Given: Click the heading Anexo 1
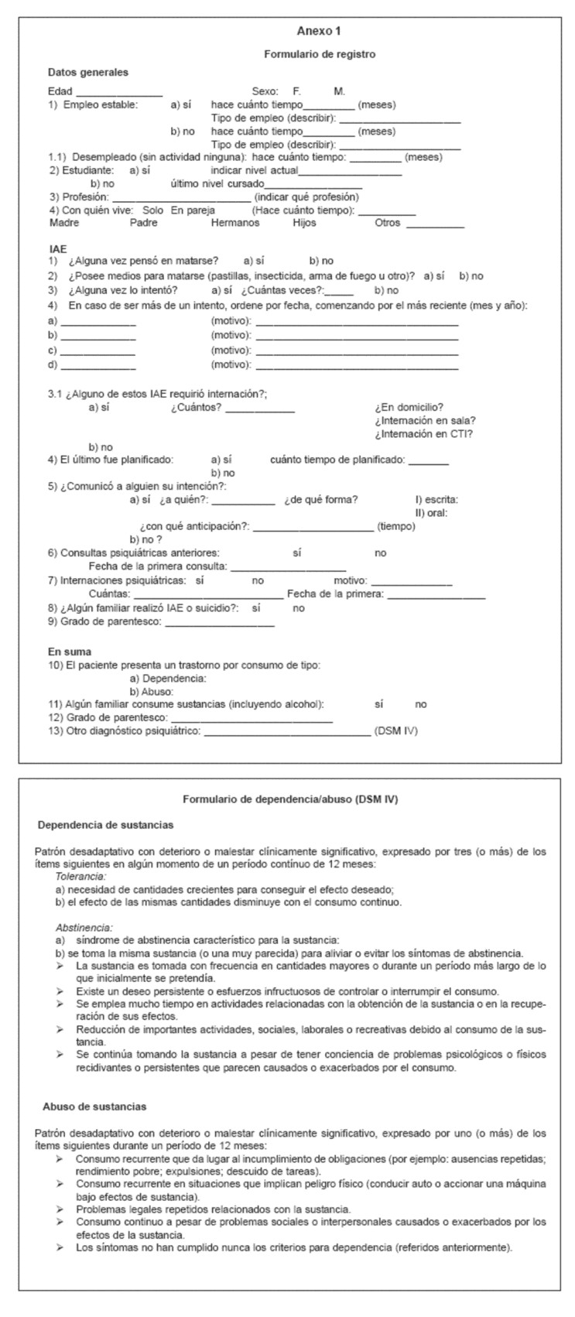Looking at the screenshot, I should pos(318,31).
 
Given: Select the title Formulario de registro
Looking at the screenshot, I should pos(319,54).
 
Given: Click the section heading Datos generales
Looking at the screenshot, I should pos(88,73).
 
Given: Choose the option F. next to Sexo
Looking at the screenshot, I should pos(296,91).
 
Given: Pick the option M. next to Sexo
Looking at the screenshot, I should pos(340,91).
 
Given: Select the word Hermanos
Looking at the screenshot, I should pos(235,223).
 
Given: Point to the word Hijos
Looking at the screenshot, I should pos(304,223).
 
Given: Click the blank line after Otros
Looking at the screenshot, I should pos(435,226).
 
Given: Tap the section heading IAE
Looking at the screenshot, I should pos(57,250).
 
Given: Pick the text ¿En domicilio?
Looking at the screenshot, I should pos(409,408).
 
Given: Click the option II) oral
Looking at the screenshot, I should pos(431,512).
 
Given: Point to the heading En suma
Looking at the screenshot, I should pos(70,652).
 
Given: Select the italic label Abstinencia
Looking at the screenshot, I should pos(84,927).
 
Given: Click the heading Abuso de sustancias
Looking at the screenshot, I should pos(94,1107).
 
